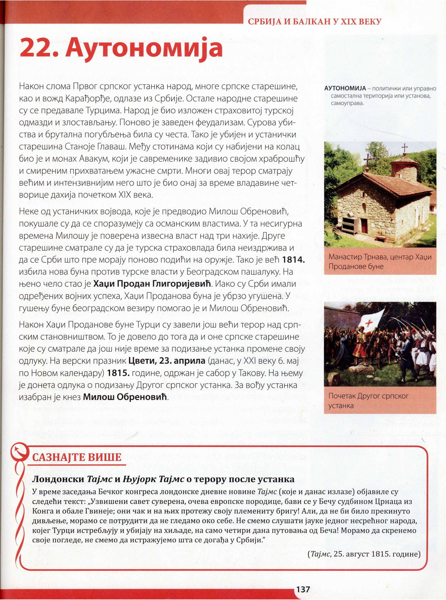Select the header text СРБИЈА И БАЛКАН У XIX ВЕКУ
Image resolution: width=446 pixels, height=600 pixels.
tap(315, 22)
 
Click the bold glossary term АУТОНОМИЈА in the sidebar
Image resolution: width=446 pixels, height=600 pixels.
tap(345, 89)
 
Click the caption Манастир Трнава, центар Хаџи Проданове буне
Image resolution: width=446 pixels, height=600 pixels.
tap(380, 262)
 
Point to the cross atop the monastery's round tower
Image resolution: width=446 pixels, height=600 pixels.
tap(404, 148)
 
